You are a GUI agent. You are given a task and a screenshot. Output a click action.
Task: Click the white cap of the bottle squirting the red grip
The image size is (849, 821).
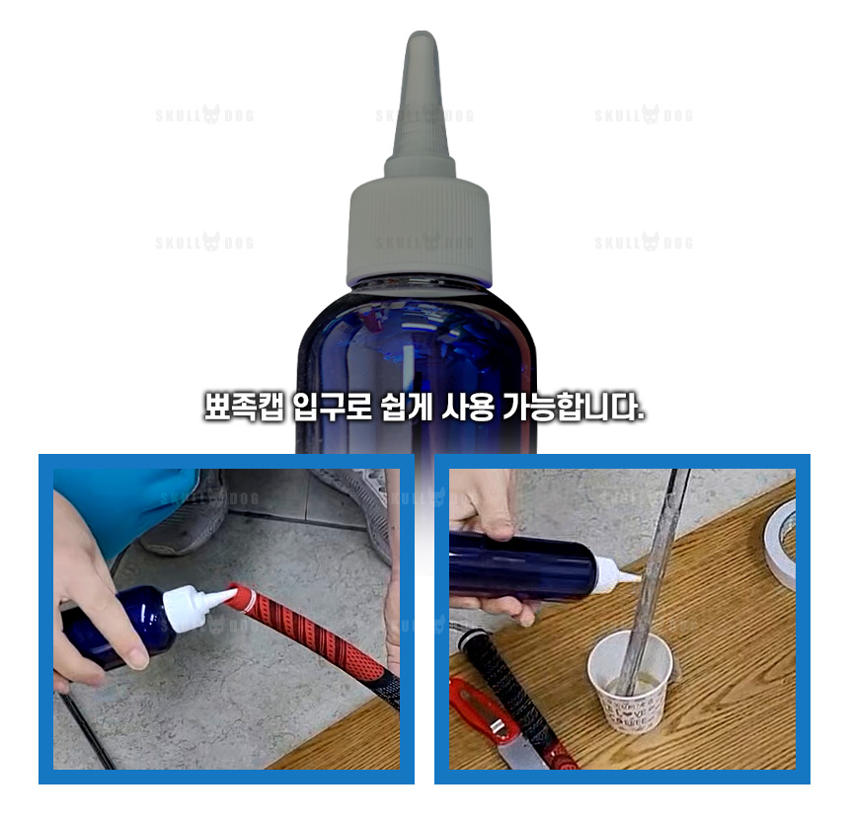188,607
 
